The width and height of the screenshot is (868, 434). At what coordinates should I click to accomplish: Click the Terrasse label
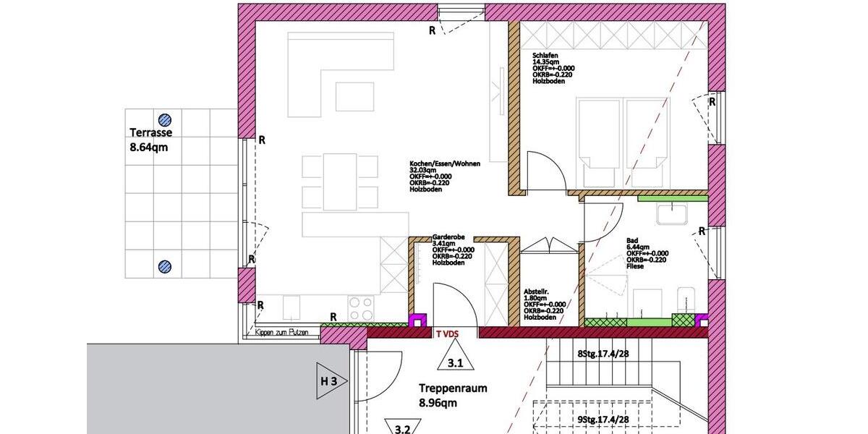(x=150, y=132)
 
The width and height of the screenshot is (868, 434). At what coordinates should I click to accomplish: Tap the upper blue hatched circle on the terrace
(x=166, y=119)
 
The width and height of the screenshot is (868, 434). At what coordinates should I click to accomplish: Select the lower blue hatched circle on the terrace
(x=166, y=267)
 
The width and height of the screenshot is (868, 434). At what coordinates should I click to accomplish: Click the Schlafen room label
(x=544, y=55)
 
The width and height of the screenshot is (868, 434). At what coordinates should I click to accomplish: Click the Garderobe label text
(x=448, y=237)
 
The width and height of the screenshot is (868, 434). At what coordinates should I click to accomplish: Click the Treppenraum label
(x=453, y=388)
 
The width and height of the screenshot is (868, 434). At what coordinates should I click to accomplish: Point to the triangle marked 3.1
(x=456, y=360)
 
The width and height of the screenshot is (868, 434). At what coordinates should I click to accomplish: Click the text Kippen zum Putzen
(x=282, y=333)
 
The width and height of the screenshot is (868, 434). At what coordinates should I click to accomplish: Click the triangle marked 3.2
(x=402, y=427)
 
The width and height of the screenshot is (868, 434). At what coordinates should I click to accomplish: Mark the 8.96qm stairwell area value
(x=441, y=404)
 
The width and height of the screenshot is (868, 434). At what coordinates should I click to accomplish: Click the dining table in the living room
(x=340, y=181)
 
